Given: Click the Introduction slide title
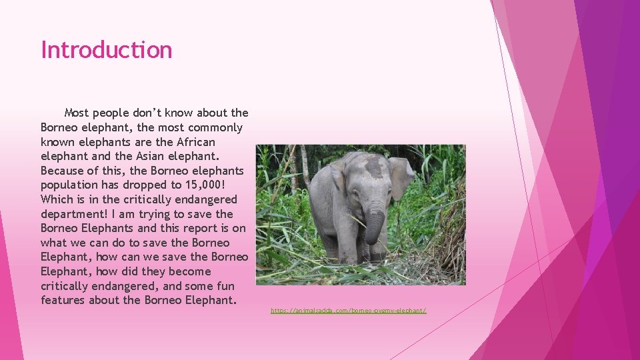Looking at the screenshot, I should (x=107, y=50).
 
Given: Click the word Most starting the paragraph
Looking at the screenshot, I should (x=77, y=113).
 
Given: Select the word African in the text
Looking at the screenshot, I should (x=196, y=142).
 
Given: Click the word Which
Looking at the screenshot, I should (x=57, y=199).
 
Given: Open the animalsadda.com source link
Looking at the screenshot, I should (x=349, y=311).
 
